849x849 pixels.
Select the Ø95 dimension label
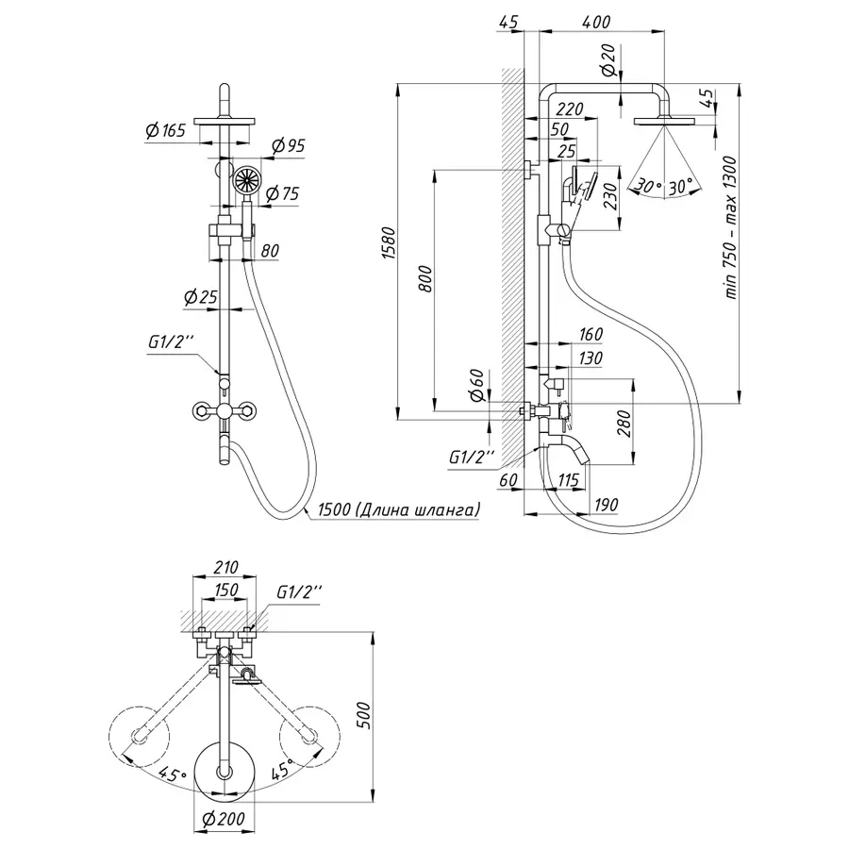click(288, 145)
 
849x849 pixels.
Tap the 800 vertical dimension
click(426, 280)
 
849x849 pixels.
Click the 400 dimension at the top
click(596, 23)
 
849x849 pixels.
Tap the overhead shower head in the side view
click(664, 120)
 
